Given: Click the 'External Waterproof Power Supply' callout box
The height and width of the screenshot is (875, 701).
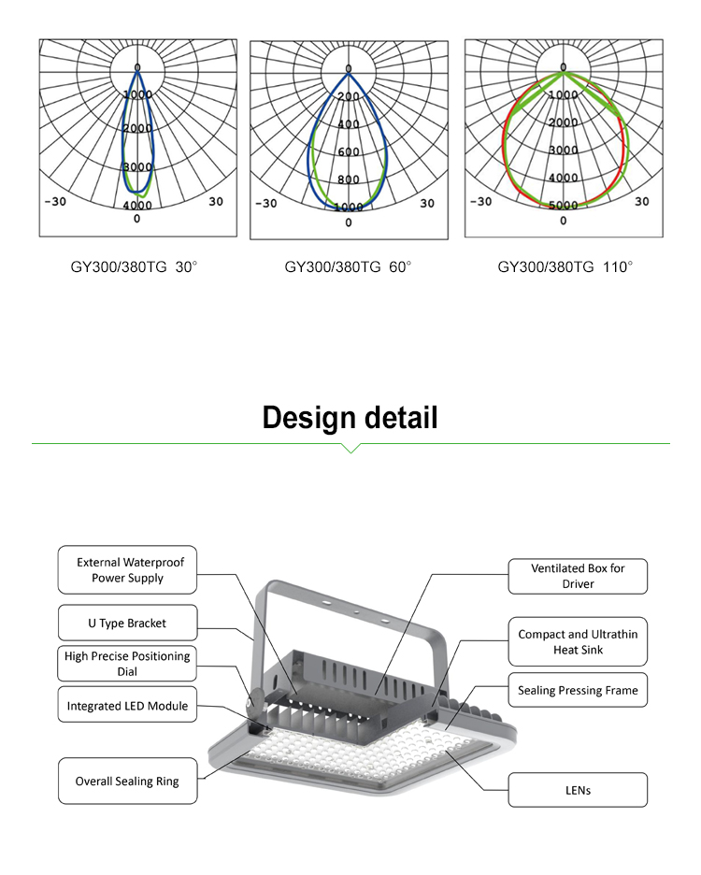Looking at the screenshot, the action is point(127,569).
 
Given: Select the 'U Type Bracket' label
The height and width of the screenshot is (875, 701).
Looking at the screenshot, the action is point(127,622).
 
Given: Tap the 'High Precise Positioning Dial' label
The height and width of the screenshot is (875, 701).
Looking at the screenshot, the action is point(127,663).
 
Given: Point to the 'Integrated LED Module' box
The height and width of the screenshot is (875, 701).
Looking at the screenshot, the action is point(127,707).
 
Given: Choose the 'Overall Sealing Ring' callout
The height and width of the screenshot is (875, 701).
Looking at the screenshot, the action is point(127,781).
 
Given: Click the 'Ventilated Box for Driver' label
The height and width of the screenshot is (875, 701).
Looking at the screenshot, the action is point(578,575).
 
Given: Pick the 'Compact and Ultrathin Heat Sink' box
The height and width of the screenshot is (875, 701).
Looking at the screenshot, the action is point(578,641).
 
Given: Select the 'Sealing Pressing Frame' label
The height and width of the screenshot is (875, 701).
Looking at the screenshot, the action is point(578,690).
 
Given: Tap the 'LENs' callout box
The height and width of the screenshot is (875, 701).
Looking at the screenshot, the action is point(578,790).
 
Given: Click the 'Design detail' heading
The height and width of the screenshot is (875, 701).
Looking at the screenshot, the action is point(350,417).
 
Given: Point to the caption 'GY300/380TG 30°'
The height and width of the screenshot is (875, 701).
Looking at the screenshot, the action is point(135,267).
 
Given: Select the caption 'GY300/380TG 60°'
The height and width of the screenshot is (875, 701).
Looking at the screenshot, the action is point(348,267).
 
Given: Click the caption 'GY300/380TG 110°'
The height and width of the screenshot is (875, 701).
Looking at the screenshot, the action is point(565,267).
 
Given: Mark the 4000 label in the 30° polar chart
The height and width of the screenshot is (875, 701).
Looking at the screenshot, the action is point(137,205).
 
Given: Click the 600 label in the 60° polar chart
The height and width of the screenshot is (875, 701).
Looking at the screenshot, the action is point(349,152).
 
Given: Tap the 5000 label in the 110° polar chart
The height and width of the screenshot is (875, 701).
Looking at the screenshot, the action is point(563,206).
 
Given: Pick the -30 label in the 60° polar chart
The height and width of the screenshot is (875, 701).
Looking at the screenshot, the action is point(266,203).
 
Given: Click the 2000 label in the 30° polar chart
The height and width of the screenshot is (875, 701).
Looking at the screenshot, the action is point(137,128).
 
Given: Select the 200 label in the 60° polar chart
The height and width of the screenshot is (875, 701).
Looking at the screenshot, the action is point(349,97).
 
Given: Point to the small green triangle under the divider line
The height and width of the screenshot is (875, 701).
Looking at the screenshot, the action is point(350,449).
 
